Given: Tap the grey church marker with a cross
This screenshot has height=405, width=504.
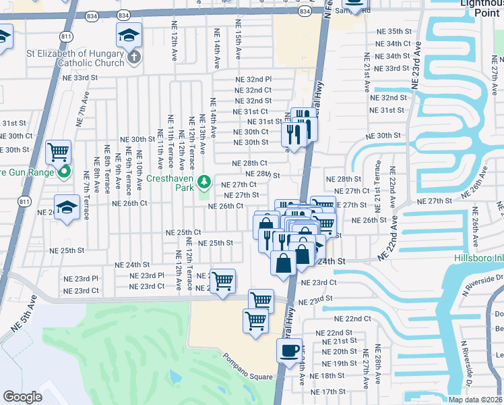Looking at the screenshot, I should [x=133, y=57].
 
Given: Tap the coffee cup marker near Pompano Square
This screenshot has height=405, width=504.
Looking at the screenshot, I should [x=290, y=352].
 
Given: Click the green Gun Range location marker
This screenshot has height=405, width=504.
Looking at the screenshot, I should [x=64, y=172].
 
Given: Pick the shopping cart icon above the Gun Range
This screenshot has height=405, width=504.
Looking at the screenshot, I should [x=59, y=152].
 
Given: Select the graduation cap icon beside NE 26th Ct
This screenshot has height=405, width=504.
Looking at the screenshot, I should [x=67, y=206].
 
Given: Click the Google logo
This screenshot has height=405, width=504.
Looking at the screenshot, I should [x=23, y=397].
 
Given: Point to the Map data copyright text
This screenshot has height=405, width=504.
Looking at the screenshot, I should [x=476, y=400].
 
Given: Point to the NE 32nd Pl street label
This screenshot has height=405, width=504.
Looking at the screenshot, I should [x=253, y=79].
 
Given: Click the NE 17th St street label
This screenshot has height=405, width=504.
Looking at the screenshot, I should [x=329, y=391].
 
